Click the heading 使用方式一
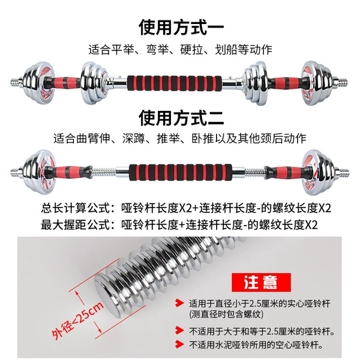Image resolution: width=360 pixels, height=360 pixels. coord(181,28)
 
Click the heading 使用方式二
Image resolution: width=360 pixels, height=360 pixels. coord(181,118)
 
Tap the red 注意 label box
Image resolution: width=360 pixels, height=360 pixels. coord(261,282)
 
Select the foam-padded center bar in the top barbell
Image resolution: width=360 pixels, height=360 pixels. coord(175,83)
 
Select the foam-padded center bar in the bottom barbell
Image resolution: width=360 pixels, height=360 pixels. coord(181,172)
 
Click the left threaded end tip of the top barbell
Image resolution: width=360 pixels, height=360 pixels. coord(11,82)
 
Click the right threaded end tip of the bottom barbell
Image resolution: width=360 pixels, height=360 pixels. coord(349,172)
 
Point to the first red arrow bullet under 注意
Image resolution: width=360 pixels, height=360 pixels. coord(179,303)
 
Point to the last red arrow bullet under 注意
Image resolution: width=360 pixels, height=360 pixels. coord(179,344)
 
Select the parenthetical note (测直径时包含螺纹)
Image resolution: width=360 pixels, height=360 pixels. coord(226,314)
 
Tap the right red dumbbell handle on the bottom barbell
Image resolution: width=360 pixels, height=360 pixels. coord(287,172)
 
